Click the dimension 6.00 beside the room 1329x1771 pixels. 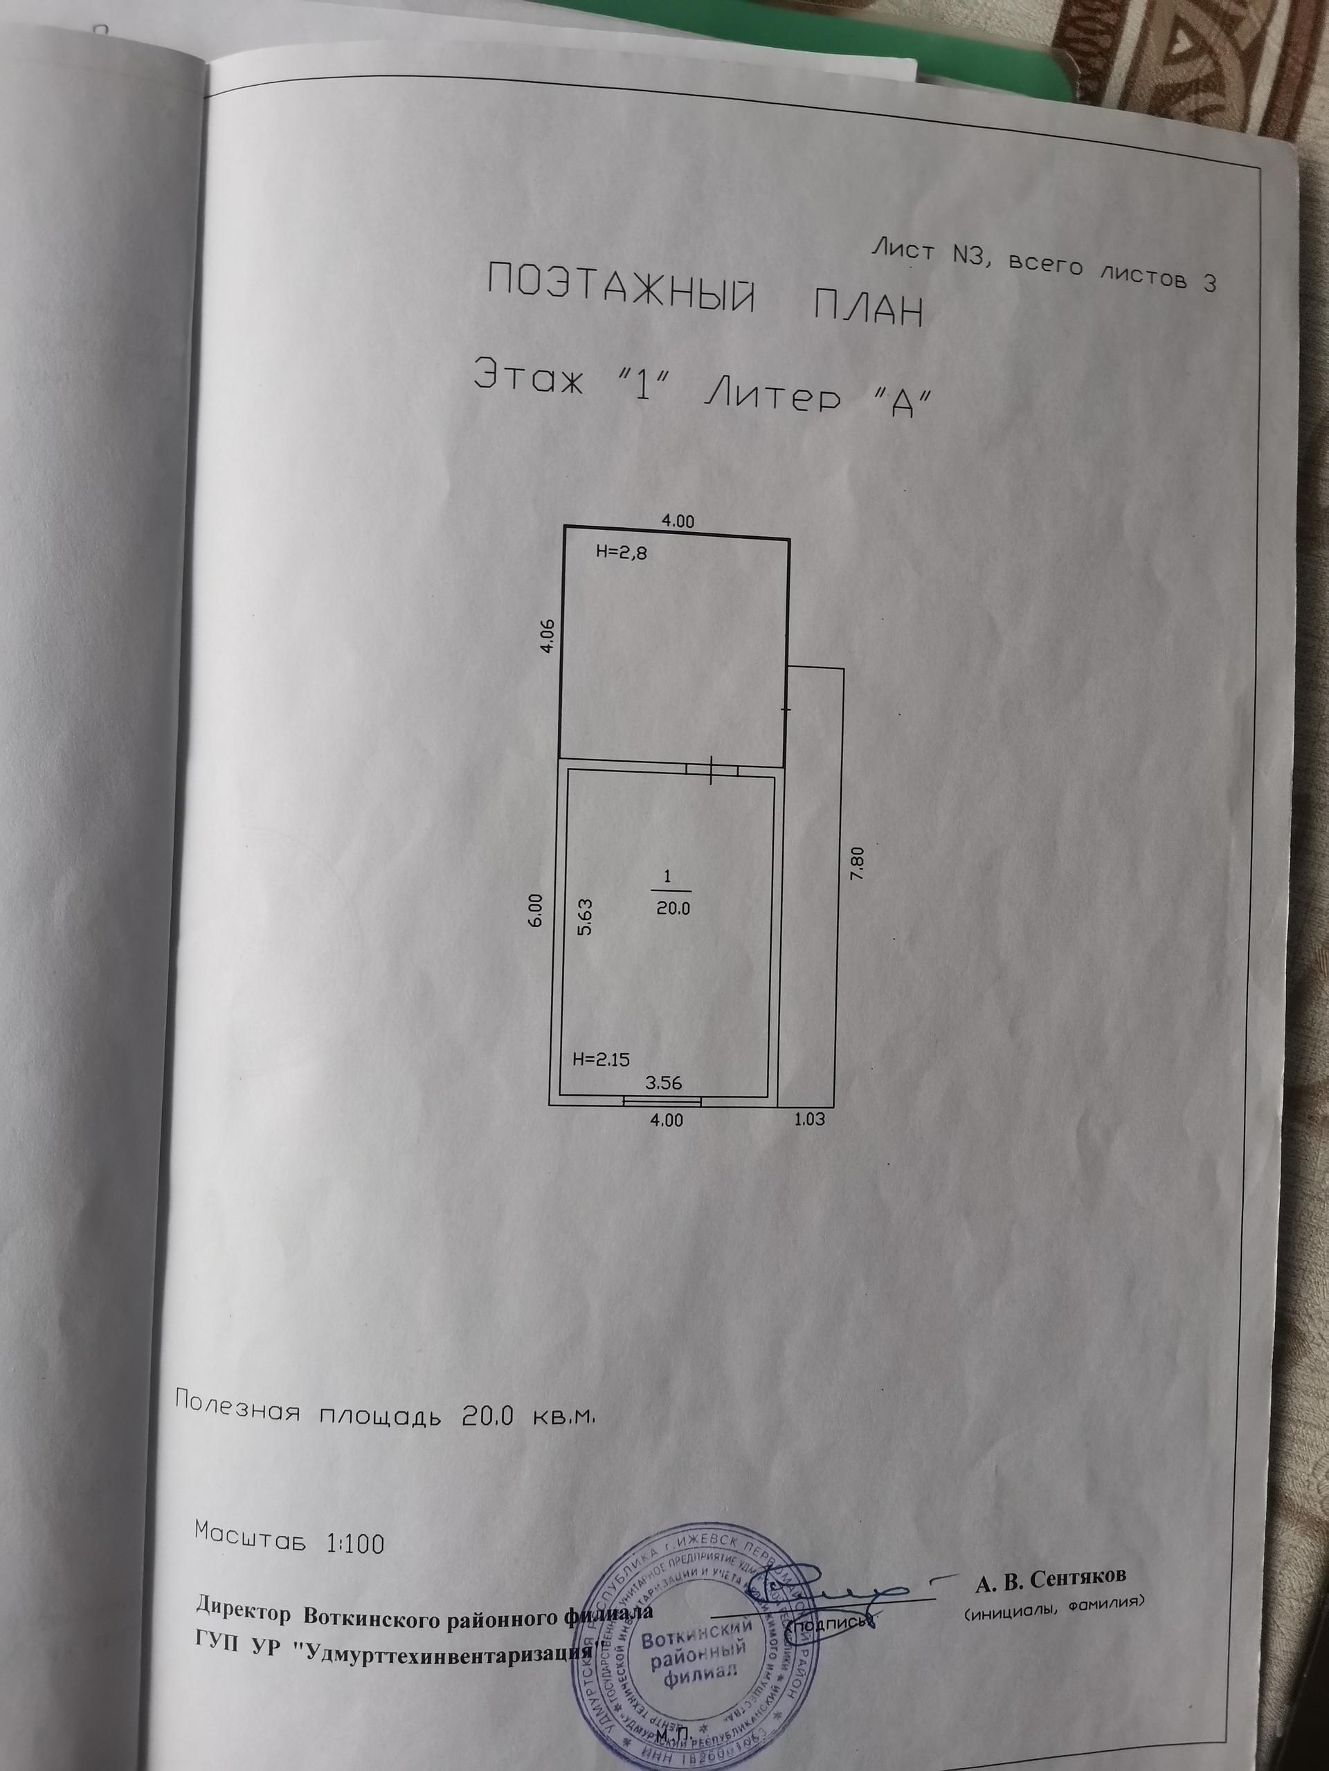click(x=536, y=910)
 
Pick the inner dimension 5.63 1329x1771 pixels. click(x=585, y=917)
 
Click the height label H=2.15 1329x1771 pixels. click(x=601, y=1059)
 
